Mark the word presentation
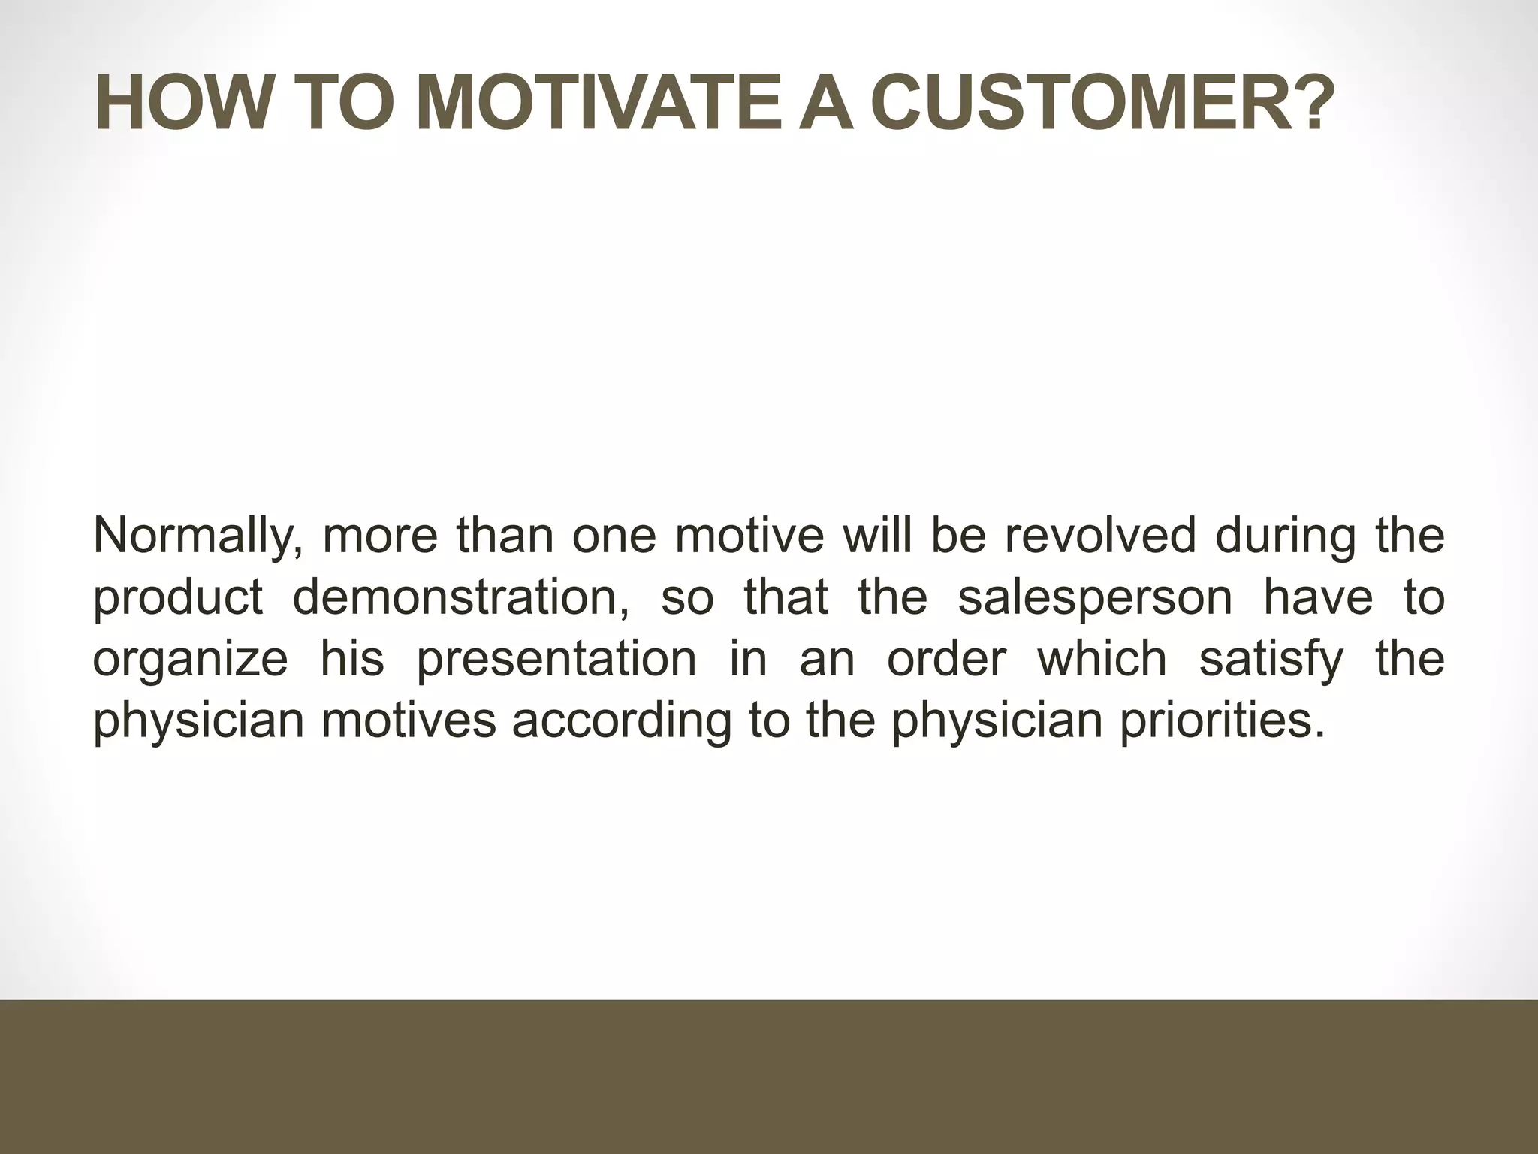tap(556, 660)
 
